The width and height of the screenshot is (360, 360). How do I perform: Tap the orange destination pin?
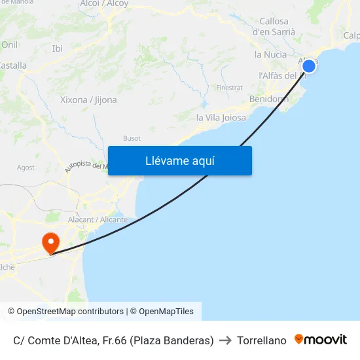pyautogui.click(x=50, y=244)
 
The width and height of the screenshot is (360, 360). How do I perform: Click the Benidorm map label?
pyautogui.click(x=268, y=99)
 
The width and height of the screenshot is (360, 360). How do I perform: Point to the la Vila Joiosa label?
pyautogui.click(x=221, y=118)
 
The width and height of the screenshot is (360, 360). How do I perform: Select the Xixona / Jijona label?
pyautogui.click(x=88, y=100)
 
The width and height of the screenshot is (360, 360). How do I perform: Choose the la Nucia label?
pyautogui.click(x=270, y=54)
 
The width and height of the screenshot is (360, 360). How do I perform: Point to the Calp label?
pyautogui.click(x=351, y=35)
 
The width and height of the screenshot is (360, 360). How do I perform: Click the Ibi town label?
pyautogui.click(x=58, y=48)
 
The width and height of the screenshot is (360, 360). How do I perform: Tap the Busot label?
pyautogui.click(x=132, y=138)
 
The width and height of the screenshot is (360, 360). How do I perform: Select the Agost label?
pyautogui.click(x=26, y=168)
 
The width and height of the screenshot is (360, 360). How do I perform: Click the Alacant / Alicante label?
pyautogui.click(x=98, y=219)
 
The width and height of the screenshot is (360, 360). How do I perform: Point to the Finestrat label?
pyautogui.click(x=229, y=87)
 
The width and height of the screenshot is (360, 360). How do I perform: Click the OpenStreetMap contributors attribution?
pyautogui.click(x=70, y=312)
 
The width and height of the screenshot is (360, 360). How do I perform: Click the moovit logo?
pyautogui.click(x=321, y=340)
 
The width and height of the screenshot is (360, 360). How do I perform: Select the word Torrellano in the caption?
pyautogui.click(x=262, y=340)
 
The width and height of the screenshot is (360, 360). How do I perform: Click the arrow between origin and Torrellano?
pyautogui.click(x=225, y=340)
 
